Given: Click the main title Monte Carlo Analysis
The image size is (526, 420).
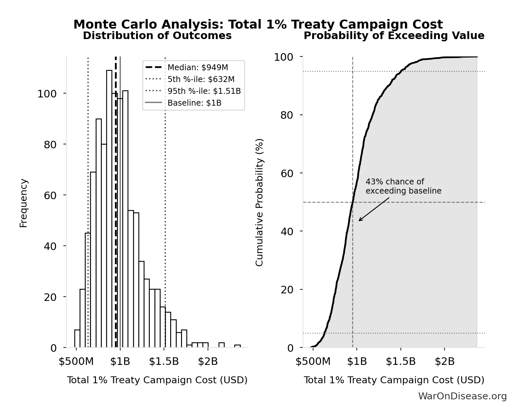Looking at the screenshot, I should click(258, 25).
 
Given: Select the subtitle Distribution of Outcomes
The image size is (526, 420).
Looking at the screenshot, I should click(157, 36).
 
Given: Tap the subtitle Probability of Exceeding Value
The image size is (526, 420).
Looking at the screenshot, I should click(394, 36).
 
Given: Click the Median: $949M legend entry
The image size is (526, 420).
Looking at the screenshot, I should click(197, 68).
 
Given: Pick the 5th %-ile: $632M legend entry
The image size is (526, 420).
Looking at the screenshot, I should click(201, 79).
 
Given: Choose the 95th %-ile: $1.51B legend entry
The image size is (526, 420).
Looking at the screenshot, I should click(204, 91).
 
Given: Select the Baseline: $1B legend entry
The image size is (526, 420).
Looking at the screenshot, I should click(194, 103).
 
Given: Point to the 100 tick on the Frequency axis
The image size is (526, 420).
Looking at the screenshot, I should click(47, 94).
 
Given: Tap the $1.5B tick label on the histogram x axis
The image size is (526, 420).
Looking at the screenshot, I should click(164, 362).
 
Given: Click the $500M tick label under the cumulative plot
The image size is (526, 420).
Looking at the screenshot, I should click(313, 362).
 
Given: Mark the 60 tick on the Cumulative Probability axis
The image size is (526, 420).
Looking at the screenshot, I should click(287, 173).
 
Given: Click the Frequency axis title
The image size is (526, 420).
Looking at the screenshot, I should click(24, 203).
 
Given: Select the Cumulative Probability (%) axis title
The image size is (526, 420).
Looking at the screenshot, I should click(260, 202).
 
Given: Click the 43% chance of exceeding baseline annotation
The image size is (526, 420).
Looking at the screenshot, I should click(403, 186).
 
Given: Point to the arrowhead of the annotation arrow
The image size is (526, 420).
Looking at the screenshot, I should click(359, 220).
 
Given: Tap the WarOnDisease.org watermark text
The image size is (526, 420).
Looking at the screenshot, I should click(462, 396).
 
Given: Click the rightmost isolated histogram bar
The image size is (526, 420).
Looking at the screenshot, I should click(237, 346).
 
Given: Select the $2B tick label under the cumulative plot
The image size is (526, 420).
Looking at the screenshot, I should click(445, 362).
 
